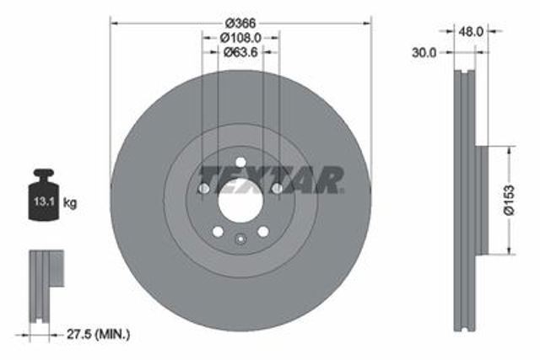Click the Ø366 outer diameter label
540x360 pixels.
(x=240, y=24)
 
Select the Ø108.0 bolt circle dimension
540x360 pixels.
(x=240, y=37)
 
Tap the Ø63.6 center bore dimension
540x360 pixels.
(x=240, y=52)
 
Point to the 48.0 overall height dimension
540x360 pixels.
(x=471, y=32)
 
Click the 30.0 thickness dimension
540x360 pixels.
(x=424, y=52)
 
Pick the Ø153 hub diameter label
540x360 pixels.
(x=509, y=200)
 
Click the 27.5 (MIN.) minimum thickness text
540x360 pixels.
(x=98, y=334)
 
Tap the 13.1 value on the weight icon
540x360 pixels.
(x=44, y=201)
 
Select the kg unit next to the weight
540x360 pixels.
(x=70, y=202)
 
